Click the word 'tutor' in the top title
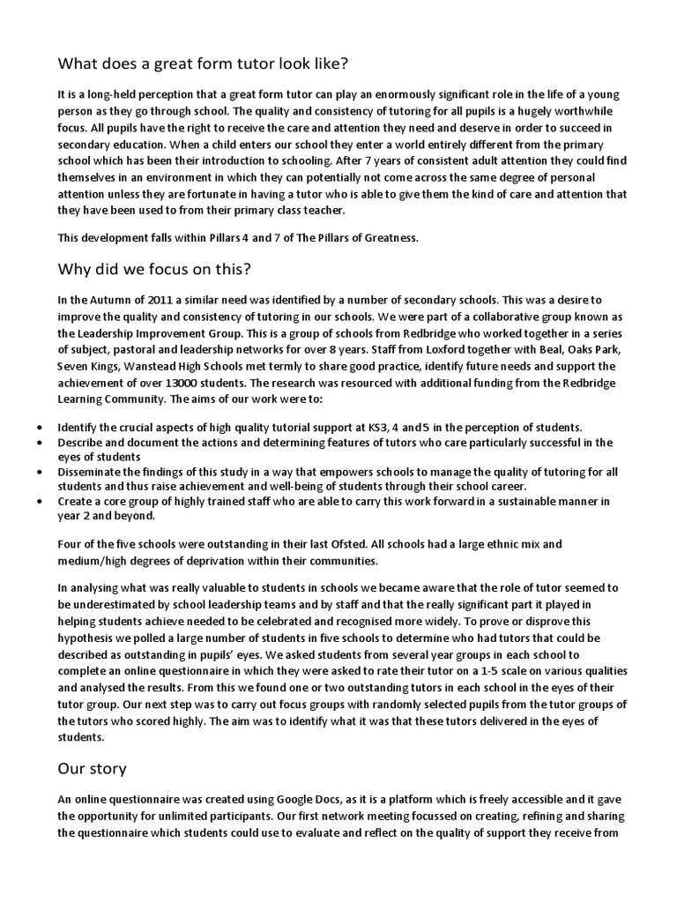point(236,63)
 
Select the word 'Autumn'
point(107,301)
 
